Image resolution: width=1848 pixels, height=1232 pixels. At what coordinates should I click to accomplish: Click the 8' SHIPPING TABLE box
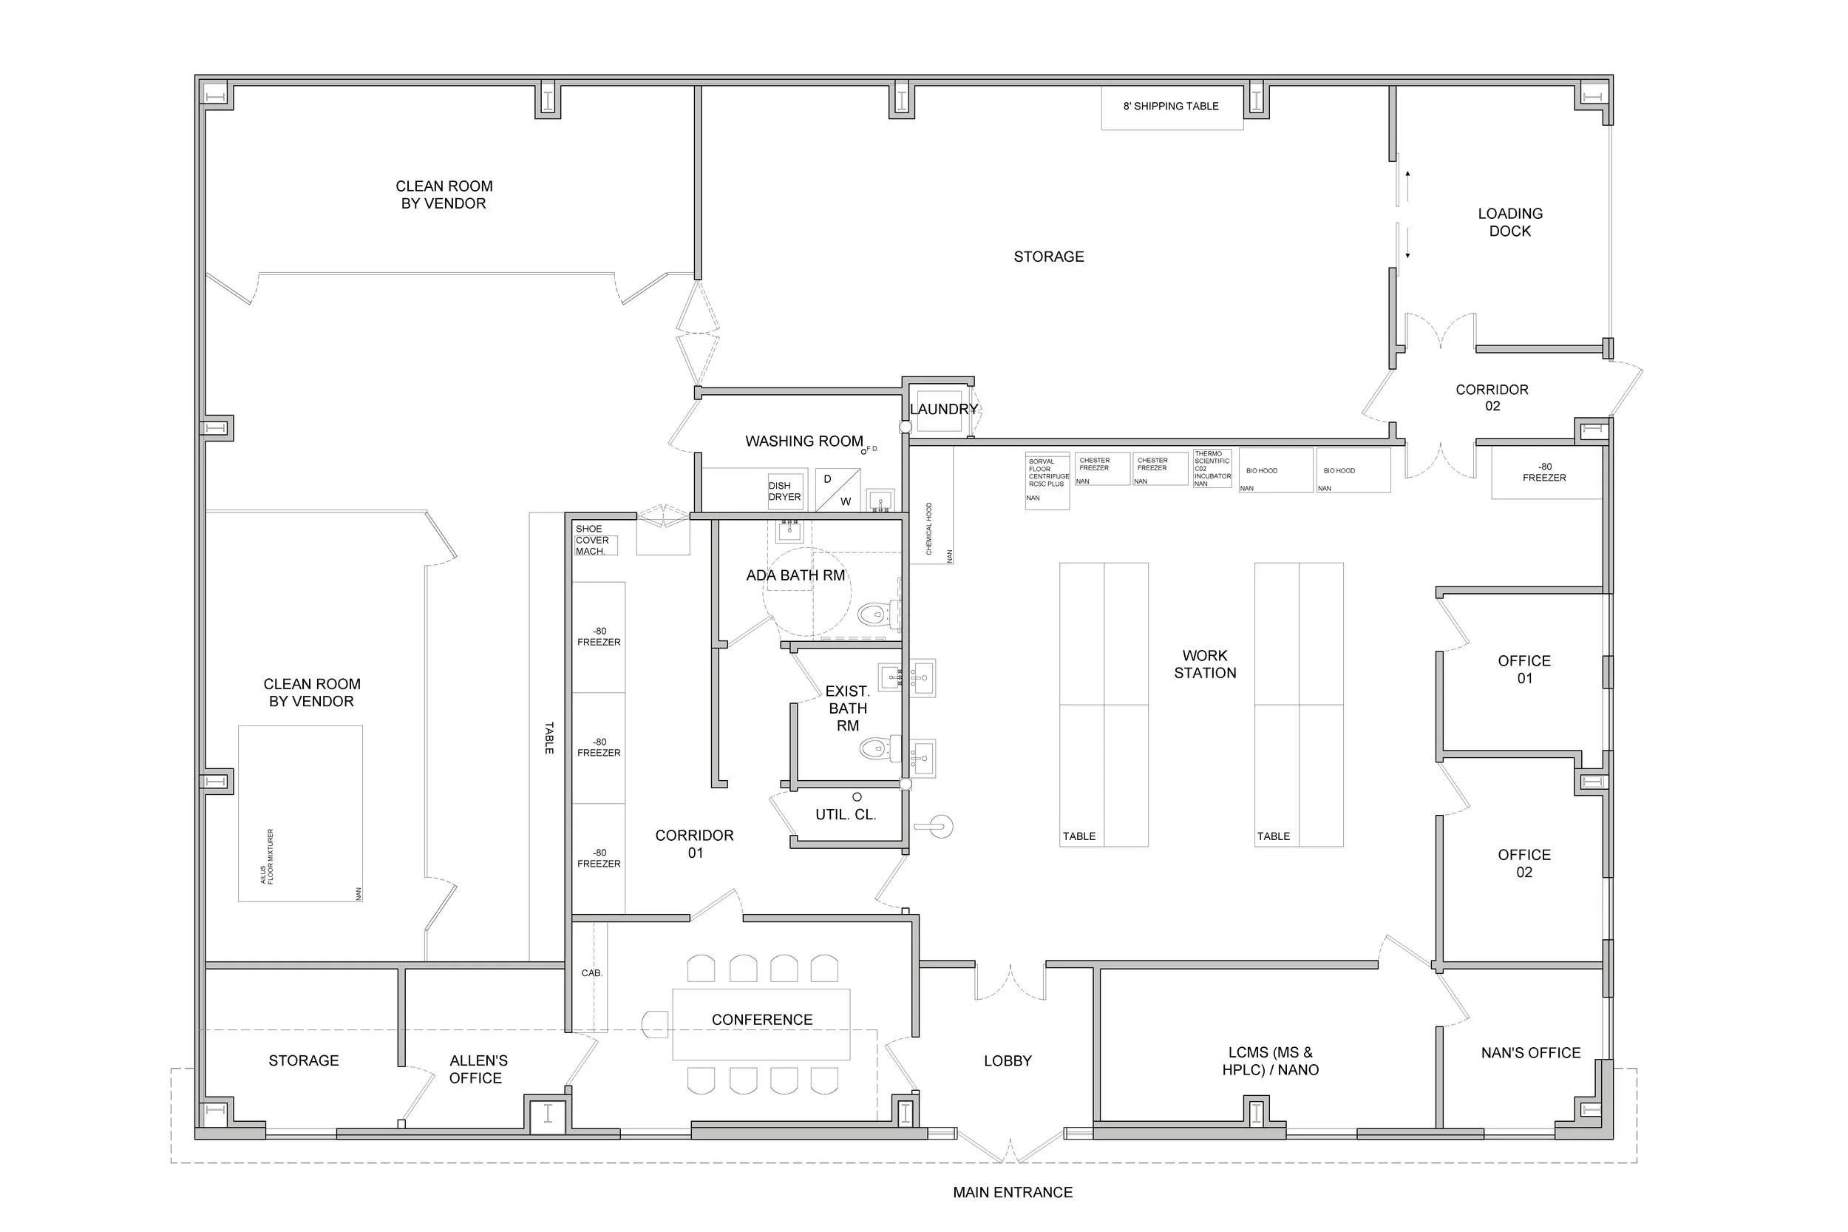pyautogui.click(x=1171, y=106)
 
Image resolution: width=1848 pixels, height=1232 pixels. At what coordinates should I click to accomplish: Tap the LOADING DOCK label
pyautogui.click(x=1509, y=223)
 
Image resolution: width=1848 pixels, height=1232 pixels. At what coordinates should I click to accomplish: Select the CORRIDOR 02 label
pyautogui.click(x=1492, y=398)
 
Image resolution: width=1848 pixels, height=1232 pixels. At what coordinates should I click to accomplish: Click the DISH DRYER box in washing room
pyautogui.click(x=784, y=491)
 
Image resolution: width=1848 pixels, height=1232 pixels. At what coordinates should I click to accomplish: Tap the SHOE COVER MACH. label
pyautogui.click(x=592, y=540)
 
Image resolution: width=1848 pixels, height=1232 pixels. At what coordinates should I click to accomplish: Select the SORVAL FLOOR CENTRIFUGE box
pyautogui.click(x=1047, y=480)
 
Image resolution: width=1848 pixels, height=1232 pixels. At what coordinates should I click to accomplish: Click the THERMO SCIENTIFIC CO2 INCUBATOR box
pyautogui.click(x=1212, y=468)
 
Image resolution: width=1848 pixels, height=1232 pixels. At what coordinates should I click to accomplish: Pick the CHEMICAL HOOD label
pyautogui.click(x=929, y=529)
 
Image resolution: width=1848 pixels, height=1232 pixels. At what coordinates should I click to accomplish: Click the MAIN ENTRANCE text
pyautogui.click(x=1013, y=1193)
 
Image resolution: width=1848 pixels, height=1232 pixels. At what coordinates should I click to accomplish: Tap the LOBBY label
pyautogui.click(x=1008, y=1060)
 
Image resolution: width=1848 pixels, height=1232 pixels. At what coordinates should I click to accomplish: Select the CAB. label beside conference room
pyautogui.click(x=591, y=972)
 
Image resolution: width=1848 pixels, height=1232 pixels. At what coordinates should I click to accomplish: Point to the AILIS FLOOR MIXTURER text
pyautogui.click(x=267, y=856)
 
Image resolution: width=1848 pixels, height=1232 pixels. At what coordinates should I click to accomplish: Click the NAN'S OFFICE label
pyautogui.click(x=1530, y=1053)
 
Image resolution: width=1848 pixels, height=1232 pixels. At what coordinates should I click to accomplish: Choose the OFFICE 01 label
pyautogui.click(x=1523, y=669)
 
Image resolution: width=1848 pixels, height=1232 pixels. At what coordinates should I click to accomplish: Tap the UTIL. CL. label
pyautogui.click(x=845, y=815)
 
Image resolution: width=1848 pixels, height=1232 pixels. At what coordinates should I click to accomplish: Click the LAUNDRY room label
pyautogui.click(x=943, y=410)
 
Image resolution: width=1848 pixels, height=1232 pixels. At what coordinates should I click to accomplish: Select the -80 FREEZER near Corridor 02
pyautogui.click(x=1544, y=473)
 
